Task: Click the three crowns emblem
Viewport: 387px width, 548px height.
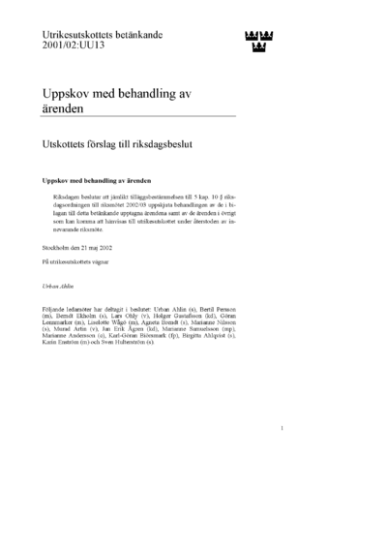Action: [255, 42]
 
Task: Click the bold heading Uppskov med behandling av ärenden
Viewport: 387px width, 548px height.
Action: [94, 180]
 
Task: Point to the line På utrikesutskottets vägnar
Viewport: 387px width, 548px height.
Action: [82, 261]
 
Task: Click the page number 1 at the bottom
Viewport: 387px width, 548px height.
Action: [282, 455]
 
